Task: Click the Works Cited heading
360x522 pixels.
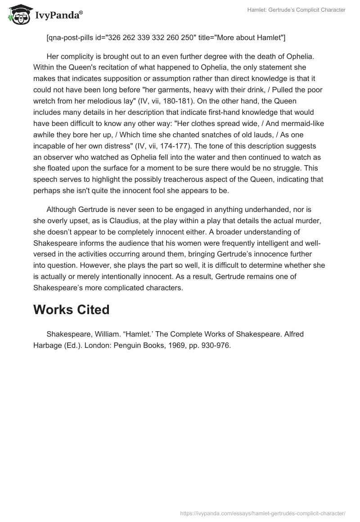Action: pyautogui.click(x=72, y=310)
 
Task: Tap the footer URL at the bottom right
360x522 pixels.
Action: pyautogui.click(x=263, y=513)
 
